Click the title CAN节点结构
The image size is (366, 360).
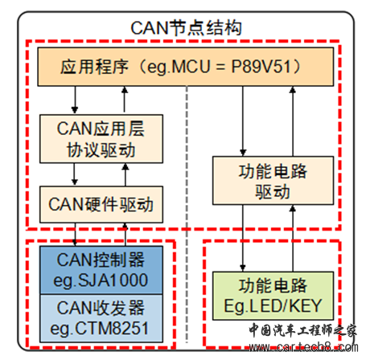[x=186, y=28]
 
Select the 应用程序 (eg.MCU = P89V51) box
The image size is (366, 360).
[x=186, y=67]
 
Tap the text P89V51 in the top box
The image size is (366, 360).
[x=261, y=67]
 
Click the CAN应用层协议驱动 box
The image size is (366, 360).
[x=101, y=139]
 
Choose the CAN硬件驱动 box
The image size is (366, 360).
[x=101, y=204]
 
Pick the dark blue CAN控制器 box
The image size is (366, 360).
[x=101, y=270]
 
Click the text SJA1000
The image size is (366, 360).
[x=113, y=280]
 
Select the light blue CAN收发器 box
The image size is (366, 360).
[x=101, y=318]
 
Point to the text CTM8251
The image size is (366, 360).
[x=111, y=329]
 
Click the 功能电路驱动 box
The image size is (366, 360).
[x=273, y=181]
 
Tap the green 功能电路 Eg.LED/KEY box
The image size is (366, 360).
[x=273, y=296]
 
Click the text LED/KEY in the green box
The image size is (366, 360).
[x=286, y=306]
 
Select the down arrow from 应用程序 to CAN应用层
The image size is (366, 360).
[x=75, y=100]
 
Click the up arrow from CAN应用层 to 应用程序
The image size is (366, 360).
[x=125, y=100]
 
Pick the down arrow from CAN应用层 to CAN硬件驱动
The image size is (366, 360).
[x=75, y=174]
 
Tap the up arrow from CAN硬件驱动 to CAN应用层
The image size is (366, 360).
[x=125, y=174]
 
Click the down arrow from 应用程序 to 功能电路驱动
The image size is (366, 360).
[x=243, y=121]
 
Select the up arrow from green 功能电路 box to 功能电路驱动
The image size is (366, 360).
[x=293, y=239]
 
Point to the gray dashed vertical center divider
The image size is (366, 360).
[x=187, y=215]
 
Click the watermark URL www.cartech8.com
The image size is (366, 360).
[x=303, y=347]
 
